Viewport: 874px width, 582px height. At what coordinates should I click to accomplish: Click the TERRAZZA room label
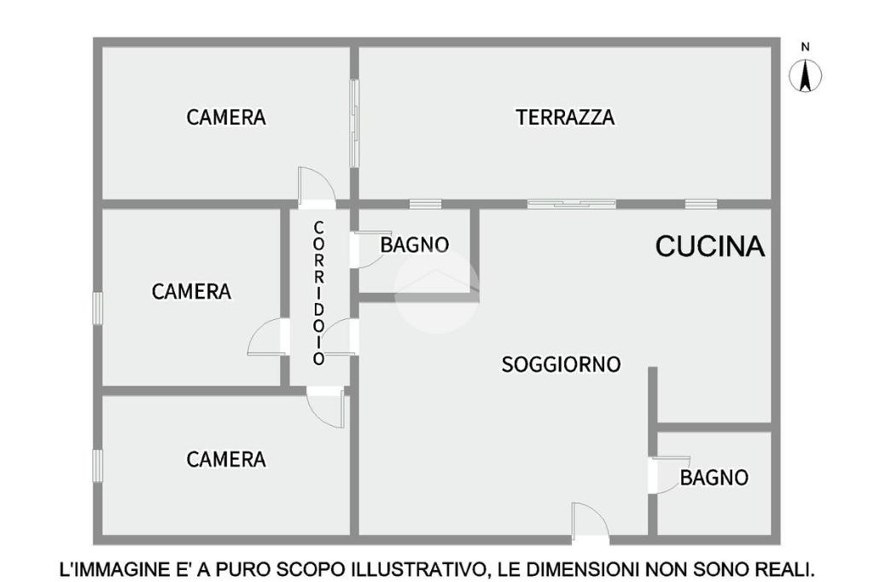pyautogui.click(x=565, y=118)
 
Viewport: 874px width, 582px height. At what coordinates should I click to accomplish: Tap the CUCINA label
pyautogui.click(x=709, y=246)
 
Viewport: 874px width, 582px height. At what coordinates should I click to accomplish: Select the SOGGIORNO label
pyautogui.click(x=561, y=364)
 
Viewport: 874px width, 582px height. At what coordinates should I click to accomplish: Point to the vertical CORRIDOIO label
pyautogui.click(x=319, y=293)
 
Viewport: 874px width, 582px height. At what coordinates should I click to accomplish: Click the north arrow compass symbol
pyautogui.click(x=806, y=76)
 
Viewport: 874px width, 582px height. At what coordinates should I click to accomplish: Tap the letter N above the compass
pyautogui.click(x=805, y=48)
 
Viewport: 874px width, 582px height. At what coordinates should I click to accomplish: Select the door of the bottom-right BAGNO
pyautogui.click(x=669, y=475)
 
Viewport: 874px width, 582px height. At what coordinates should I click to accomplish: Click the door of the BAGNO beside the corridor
pyautogui.click(x=369, y=249)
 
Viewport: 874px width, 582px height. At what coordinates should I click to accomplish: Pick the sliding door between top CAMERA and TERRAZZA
pyautogui.click(x=354, y=123)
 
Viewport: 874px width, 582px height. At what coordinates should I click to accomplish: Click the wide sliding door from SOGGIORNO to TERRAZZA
pyautogui.click(x=571, y=204)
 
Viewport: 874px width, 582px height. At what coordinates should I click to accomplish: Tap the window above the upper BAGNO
pyautogui.click(x=425, y=204)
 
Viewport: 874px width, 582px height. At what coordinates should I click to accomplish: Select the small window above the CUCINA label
pyautogui.click(x=701, y=204)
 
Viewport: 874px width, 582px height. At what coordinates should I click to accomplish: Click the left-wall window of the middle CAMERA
pyautogui.click(x=97, y=309)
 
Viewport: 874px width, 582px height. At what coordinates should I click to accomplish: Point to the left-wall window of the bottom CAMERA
pyautogui.click(x=97, y=466)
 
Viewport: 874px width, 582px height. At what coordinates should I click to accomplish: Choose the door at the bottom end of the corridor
pyautogui.click(x=325, y=407)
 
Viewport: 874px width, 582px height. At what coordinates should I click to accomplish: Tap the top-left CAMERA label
pyautogui.click(x=225, y=118)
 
